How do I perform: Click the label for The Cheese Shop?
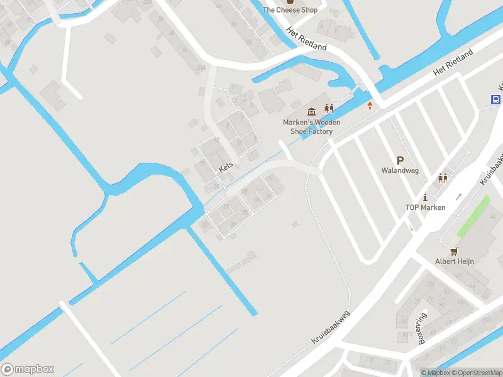(290, 10)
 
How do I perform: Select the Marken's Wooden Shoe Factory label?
(311, 127)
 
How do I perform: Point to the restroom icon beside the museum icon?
(328, 109)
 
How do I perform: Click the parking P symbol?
(400, 161)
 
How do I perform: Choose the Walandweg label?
(400, 170)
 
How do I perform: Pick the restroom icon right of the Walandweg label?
(443, 178)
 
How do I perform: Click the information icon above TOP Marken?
(425, 197)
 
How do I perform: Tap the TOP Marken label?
(425, 207)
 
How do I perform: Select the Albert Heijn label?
(455, 261)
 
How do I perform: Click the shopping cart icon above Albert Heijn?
(455, 250)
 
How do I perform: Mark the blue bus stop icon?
(495, 99)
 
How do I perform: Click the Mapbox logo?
(28, 369)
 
